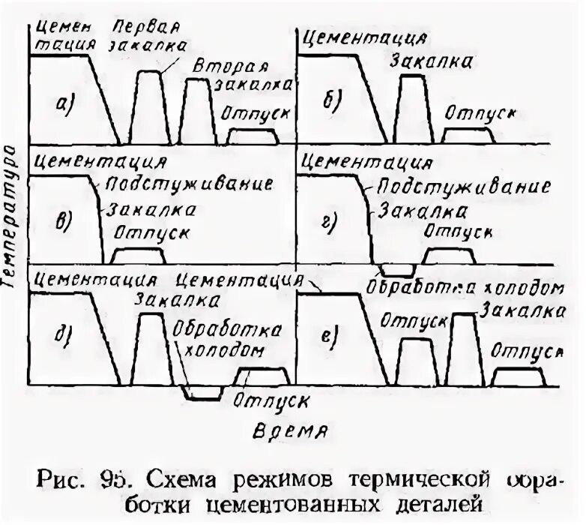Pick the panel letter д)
click(64, 332)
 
